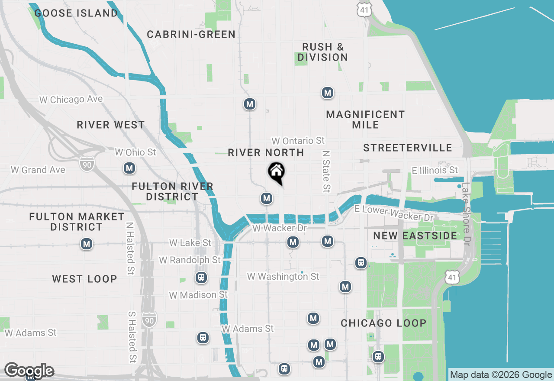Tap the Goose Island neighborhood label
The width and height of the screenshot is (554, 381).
coord(76,13)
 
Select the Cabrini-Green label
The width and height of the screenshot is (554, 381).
coord(191,34)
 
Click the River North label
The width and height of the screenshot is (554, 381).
coord(266,152)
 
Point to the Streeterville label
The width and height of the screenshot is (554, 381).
coord(408,148)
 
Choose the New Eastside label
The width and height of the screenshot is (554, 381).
coord(415,236)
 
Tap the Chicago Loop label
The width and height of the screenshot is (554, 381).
coord(383,323)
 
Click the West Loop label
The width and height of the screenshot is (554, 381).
coord(84,279)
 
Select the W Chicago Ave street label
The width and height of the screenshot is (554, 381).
coord(71,99)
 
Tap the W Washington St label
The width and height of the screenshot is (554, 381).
coord(283,276)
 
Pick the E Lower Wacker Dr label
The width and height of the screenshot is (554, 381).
coord(393,213)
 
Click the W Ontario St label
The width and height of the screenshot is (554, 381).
coord(298,141)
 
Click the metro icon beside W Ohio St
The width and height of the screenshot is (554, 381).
coord(129,168)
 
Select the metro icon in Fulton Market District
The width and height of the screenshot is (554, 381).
coord(87,244)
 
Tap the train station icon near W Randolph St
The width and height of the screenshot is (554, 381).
coord(201,277)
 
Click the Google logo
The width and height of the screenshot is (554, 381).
coord(29,371)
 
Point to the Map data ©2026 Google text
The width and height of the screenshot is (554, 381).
coord(501,375)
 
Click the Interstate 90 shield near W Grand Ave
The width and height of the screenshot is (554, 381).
coord(87,164)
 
